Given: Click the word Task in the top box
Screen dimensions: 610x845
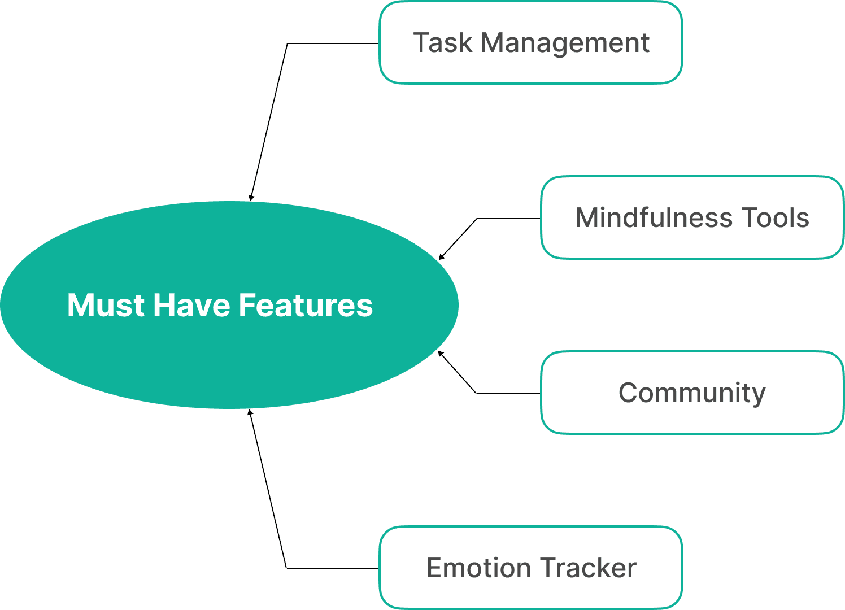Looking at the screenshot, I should [442, 43].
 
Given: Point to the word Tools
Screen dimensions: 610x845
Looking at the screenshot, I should [776, 218].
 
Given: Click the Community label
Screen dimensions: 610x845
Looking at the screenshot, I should [692, 393].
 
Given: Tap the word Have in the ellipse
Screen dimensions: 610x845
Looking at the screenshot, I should [191, 306].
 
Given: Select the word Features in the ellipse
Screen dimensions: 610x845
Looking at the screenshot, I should [306, 306].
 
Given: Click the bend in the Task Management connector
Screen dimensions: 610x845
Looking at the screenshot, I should [288, 43].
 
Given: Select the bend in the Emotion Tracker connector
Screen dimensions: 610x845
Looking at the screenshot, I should [287, 568].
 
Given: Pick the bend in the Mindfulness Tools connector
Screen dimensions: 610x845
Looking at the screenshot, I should [477, 219].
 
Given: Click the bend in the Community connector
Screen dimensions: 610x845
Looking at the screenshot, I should [477, 393].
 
